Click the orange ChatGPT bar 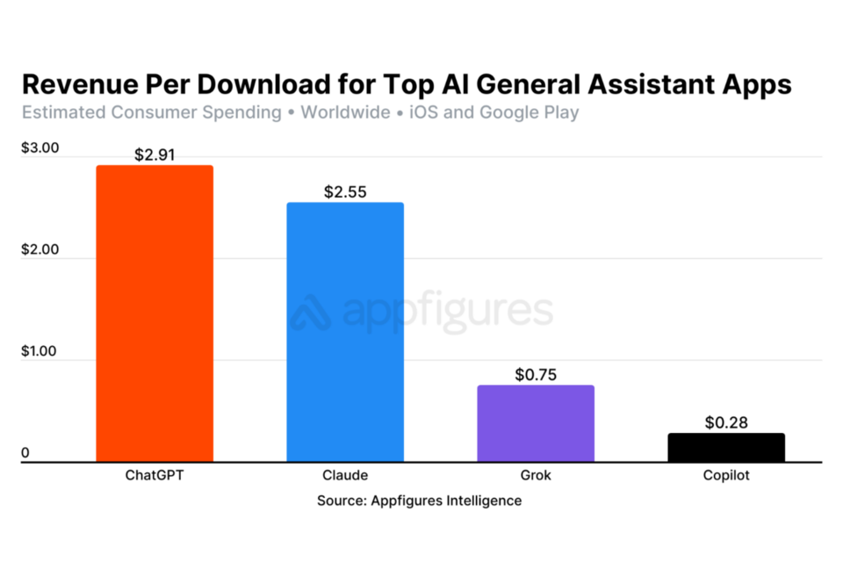point(155,313)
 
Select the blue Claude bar point(345,332)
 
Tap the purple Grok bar point(536,423)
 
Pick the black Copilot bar point(726,447)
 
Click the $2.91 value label point(155,155)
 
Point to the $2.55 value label point(345,192)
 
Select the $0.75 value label point(536,375)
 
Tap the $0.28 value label point(726,422)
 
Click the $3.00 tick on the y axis point(40,148)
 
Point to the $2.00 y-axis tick point(40,249)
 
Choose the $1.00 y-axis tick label point(40,351)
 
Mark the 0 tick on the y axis point(25,453)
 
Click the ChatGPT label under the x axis point(155,476)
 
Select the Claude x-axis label point(345,476)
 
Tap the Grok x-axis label point(536,476)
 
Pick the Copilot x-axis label point(726,476)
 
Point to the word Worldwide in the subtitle point(345,112)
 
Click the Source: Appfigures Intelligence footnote point(420,501)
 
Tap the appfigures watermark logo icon point(310,313)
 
